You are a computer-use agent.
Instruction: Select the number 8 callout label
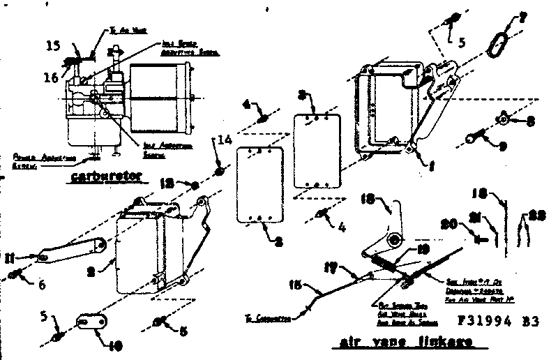coord(531,120)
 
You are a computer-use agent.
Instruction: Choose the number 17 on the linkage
coord(332,266)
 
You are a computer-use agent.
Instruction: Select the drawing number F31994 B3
coord(500,323)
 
